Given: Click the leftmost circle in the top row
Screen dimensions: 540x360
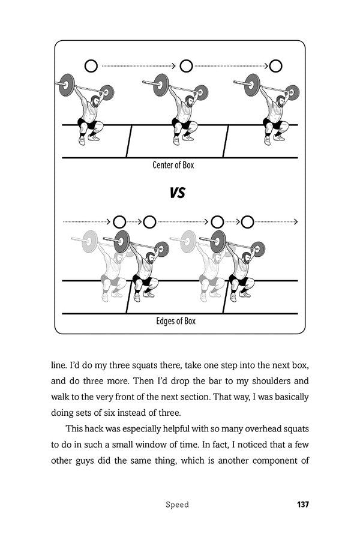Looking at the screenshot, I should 91,65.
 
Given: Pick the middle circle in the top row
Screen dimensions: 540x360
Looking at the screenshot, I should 186,65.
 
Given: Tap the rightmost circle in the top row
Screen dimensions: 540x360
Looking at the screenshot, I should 276,65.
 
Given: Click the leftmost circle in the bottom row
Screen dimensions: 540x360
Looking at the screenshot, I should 118,222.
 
